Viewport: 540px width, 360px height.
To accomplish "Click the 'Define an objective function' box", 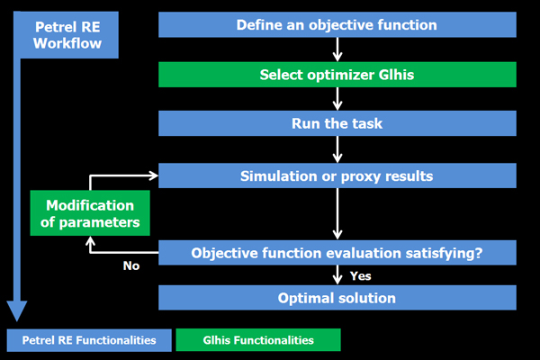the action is [x=337, y=25].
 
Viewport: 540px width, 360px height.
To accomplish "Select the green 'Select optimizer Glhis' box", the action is [x=337, y=75].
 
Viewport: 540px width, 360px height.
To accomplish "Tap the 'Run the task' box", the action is [x=337, y=123].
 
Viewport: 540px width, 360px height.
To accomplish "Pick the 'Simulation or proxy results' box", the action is [x=337, y=175].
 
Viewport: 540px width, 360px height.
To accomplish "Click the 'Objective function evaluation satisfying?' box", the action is [x=337, y=253].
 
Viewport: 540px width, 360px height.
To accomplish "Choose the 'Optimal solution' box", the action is [x=337, y=298].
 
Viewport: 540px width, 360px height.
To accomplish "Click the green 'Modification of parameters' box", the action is [x=90, y=213].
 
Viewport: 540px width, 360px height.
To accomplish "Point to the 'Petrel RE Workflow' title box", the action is [x=67, y=35].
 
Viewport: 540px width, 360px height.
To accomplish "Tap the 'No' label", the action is [x=131, y=265].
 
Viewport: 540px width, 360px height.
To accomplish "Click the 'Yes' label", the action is [x=361, y=276].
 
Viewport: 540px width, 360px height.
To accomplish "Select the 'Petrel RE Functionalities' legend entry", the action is [x=89, y=340].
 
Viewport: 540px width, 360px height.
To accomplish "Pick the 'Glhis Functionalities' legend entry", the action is [x=258, y=340].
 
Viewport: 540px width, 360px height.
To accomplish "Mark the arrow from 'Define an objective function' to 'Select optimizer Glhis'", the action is [x=337, y=49].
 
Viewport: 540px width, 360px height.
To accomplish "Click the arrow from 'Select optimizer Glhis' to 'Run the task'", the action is [x=337, y=99].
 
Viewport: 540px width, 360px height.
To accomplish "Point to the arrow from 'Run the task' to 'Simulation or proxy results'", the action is [x=337, y=149].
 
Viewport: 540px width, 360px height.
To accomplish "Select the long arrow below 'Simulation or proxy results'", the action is [x=337, y=214].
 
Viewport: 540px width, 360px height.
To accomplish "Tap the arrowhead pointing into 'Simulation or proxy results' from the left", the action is [x=154, y=175].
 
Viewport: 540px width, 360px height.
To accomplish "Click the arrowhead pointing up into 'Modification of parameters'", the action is [x=90, y=240].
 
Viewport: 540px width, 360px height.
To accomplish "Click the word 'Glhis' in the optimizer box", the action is [x=396, y=75].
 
